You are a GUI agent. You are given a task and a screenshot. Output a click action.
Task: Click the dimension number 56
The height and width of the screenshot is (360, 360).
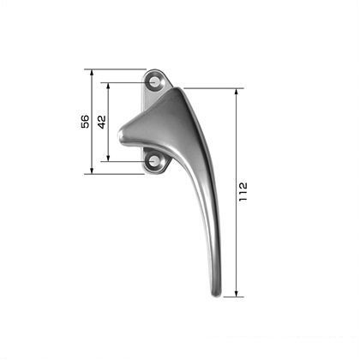point(85,122)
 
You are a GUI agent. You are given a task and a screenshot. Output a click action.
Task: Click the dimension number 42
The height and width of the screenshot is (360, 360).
point(102,122)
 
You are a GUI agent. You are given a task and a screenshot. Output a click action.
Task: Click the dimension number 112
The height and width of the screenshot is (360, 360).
point(243,192)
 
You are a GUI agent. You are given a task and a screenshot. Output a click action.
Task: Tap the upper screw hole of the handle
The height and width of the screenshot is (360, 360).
point(154,82)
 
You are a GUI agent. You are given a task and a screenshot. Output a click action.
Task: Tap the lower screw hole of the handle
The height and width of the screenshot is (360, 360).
point(154,161)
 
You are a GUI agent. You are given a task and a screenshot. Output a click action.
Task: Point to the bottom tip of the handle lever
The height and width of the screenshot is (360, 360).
point(216,296)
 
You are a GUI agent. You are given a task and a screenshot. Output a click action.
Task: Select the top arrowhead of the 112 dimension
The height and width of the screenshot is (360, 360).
point(237,92)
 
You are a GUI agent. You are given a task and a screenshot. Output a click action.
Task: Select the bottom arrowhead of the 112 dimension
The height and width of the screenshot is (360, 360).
point(237,293)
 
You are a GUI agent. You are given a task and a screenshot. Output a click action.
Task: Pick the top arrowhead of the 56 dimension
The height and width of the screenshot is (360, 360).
point(92,73)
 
